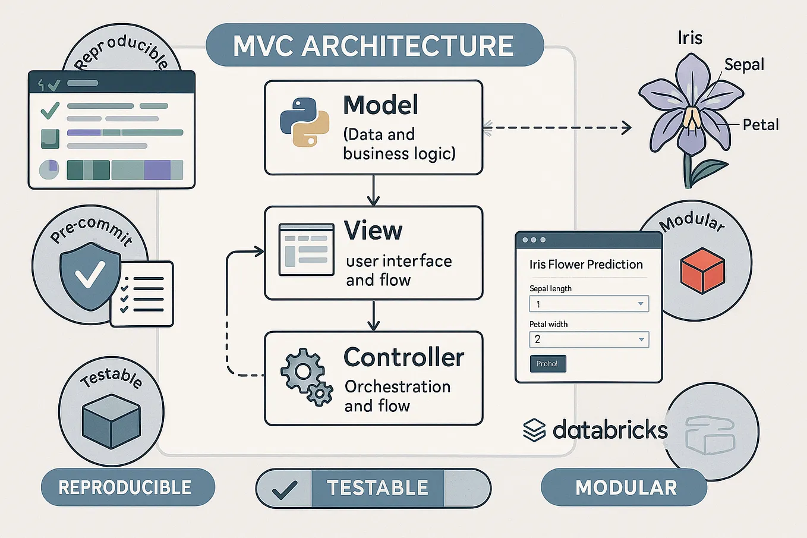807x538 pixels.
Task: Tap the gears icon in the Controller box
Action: point(306,377)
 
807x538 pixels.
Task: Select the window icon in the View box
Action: point(307,250)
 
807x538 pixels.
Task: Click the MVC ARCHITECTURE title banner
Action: point(374,46)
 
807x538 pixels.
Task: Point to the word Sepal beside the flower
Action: point(744,65)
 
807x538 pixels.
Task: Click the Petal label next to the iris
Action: point(760,125)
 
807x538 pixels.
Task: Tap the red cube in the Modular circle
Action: point(702,270)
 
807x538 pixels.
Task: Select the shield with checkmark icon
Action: point(90,275)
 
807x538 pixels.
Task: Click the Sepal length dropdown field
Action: point(588,304)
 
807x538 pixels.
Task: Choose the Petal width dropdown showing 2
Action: point(588,339)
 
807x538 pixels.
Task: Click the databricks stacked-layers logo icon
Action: point(534,430)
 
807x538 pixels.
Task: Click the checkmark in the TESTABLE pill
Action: point(284,489)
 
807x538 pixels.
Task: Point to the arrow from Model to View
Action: point(373,190)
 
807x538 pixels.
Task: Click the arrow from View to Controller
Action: point(373,316)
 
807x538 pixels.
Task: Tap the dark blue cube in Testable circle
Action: point(111,421)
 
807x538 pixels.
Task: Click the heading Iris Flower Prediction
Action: point(586,265)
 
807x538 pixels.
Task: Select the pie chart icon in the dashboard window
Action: point(49,169)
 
